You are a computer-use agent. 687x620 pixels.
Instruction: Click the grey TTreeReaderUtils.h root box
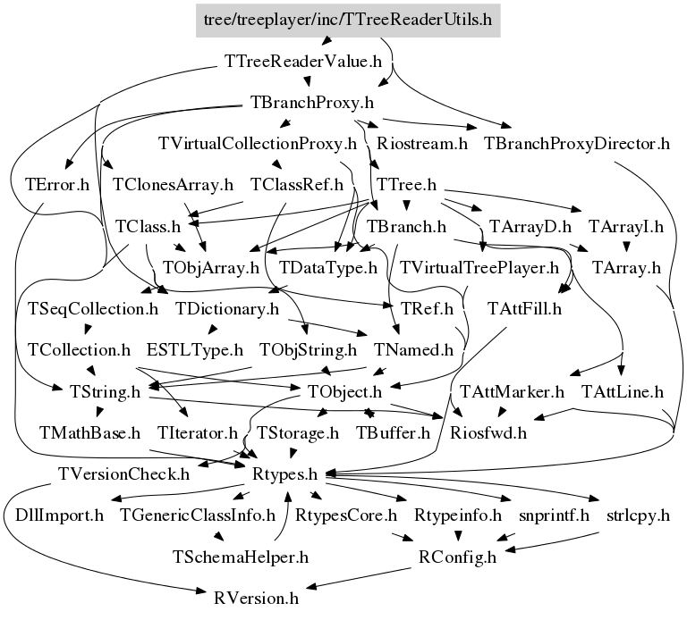pyautogui.click(x=348, y=19)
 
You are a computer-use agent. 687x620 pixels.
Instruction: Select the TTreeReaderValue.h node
pyautogui.click(x=302, y=63)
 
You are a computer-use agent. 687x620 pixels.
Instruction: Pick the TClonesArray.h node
pyautogui.click(x=173, y=185)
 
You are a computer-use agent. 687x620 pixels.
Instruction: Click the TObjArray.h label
pyautogui.click(x=210, y=267)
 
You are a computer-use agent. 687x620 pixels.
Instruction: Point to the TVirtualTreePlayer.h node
pyautogui.click(x=479, y=267)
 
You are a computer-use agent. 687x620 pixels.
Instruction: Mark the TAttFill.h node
pyautogui.click(x=524, y=309)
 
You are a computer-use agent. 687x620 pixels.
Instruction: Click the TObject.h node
pyautogui.click(x=344, y=391)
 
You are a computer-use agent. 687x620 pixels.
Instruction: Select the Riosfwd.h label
pyautogui.click(x=488, y=433)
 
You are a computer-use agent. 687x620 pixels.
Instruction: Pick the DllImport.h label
pyautogui.click(x=60, y=515)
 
